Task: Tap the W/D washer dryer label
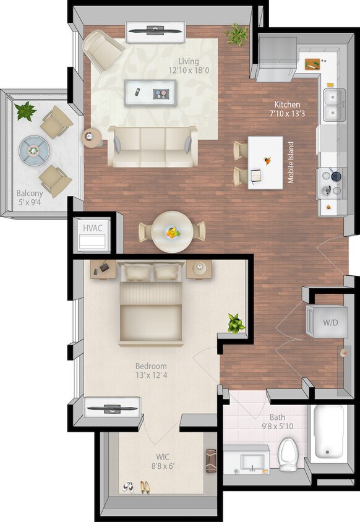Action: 331,322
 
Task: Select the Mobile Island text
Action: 291,163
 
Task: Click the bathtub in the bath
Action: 330,433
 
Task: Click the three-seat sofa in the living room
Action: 152,146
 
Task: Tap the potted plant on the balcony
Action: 25,111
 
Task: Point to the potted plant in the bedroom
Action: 235,323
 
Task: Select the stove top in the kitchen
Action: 333,183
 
